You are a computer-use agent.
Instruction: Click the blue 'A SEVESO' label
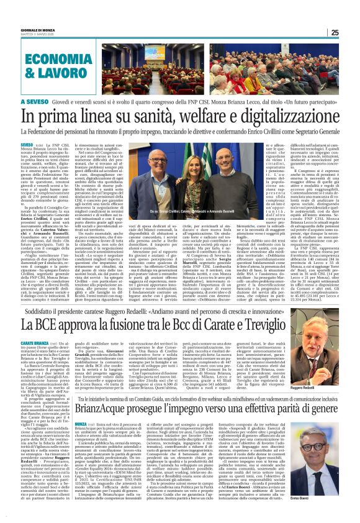click(35, 101)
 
